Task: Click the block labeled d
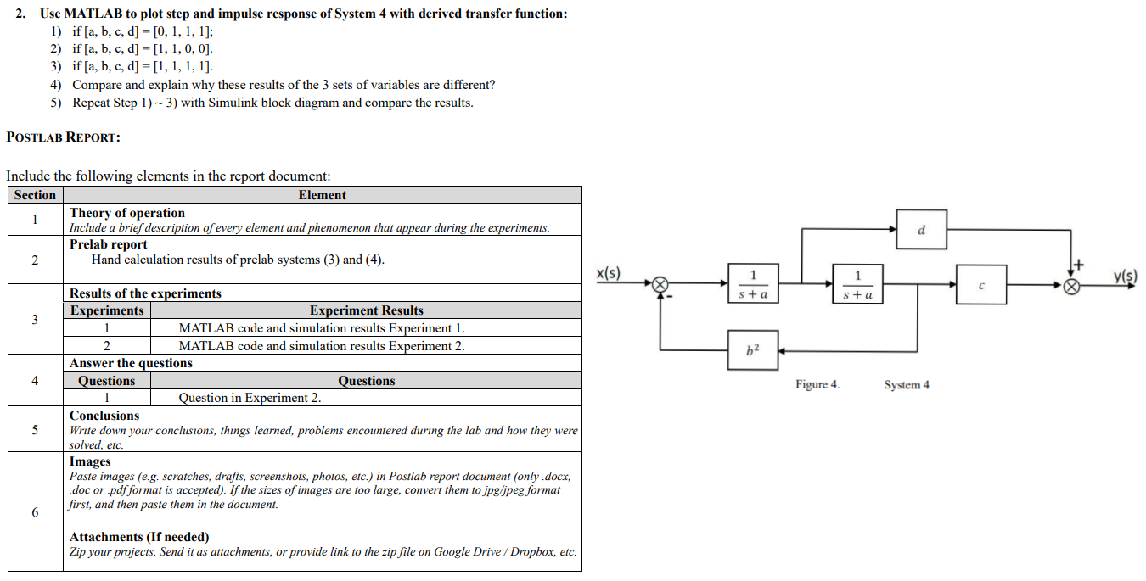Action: pos(921,229)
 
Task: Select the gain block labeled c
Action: pos(981,285)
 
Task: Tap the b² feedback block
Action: pos(752,349)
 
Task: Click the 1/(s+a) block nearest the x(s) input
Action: pos(752,284)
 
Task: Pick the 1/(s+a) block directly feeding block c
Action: pos(857,284)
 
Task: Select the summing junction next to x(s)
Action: pos(660,285)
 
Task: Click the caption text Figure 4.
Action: pos(817,385)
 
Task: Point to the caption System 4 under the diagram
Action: pos(906,385)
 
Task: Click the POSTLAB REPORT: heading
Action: pos(63,137)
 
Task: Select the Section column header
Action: pos(35,195)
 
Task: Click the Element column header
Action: pos(322,195)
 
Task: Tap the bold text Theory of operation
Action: pos(127,213)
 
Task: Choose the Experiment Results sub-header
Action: pos(366,310)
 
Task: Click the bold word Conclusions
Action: pos(104,416)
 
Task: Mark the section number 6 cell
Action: pos(35,512)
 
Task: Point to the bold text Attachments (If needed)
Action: pos(139,537)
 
